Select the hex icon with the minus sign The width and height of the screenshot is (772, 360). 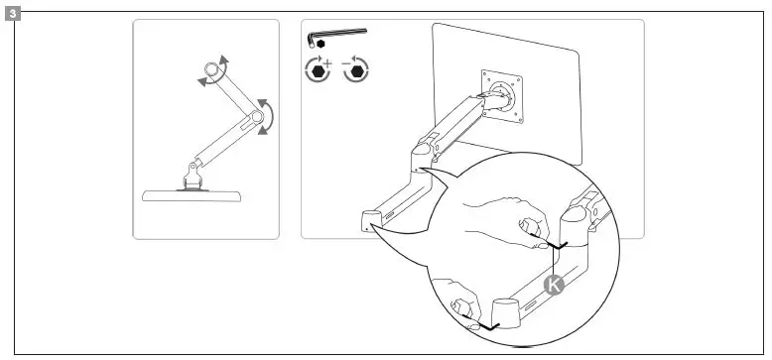point(355,70)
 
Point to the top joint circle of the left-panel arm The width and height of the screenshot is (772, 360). point(210,72)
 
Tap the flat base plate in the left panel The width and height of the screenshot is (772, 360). point(193,195)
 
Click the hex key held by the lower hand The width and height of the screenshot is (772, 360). point(486,324)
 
